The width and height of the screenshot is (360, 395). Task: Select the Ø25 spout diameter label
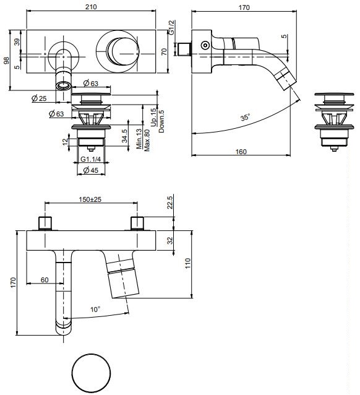coord(40,98)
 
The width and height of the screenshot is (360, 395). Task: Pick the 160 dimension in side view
coord(241,150)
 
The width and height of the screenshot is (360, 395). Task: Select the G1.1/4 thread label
coord(92,159)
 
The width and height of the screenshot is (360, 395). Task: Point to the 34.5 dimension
coord(125,136)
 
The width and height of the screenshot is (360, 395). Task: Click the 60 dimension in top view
coord(45,280)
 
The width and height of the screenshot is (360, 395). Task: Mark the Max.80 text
coord(147,140)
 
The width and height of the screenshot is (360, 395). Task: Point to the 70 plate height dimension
coord(165,51)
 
